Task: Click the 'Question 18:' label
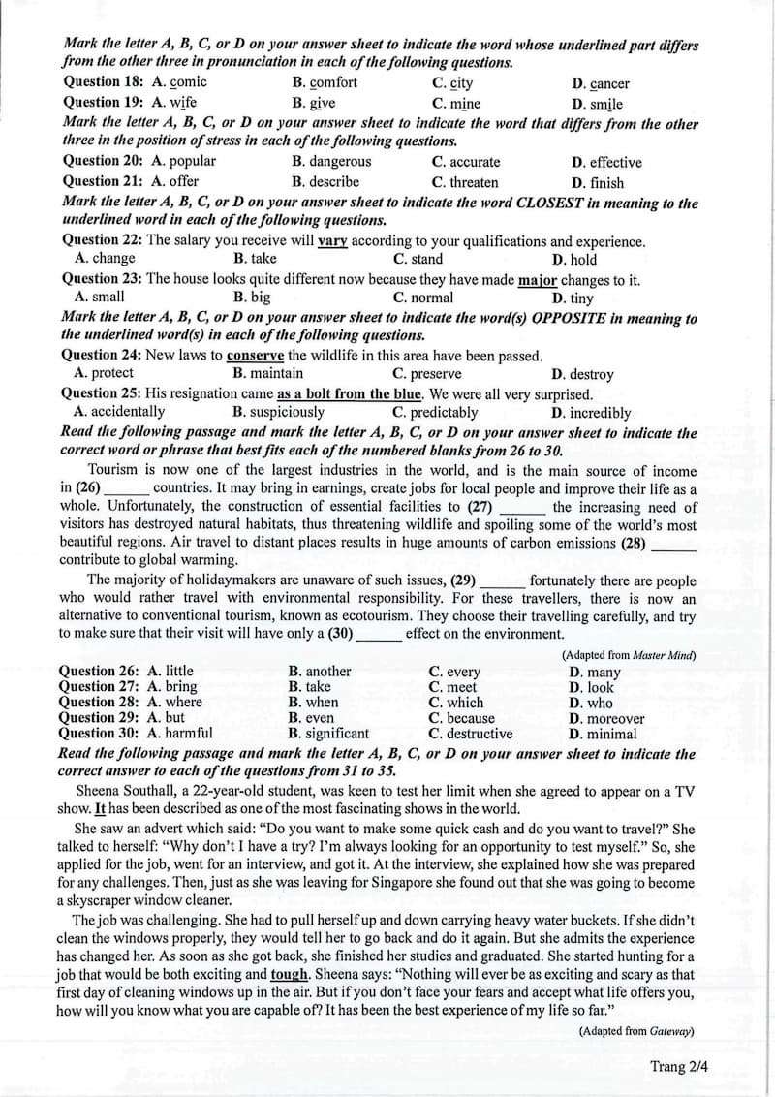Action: [104, 82]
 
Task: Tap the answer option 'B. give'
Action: [314, 103]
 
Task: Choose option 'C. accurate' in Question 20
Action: [466, 162]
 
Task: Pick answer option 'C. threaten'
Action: [465, 182]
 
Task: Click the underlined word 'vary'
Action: [332, 241]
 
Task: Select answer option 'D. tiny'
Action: [573, 298]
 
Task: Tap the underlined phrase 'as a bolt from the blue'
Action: [350, 394]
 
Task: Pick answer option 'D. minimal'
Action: [604, 734]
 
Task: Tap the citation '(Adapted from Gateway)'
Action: [636, 1031]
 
